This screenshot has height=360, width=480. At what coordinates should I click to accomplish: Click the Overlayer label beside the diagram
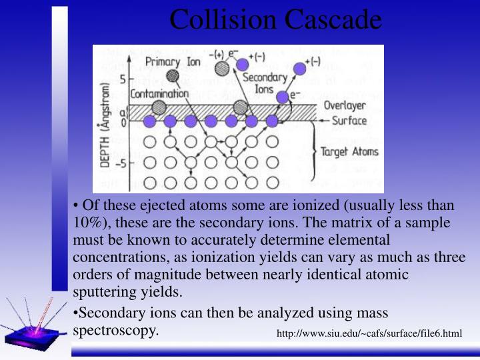pyautogui.click(x=344, y=105)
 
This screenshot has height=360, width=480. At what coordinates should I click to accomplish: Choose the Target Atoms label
pyautogui.click(x=349, y=151)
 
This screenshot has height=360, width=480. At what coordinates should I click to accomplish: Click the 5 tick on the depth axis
pyautogui.click(x=122, y=79)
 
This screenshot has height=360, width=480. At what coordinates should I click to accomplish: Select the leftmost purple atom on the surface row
pyautogui.click(x=150, y=121)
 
